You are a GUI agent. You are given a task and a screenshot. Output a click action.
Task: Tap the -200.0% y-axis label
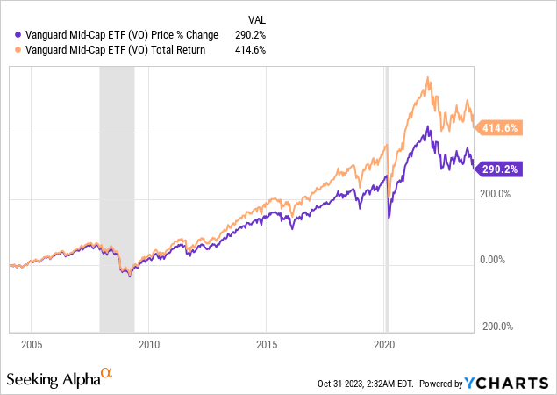click(x=496, y=327)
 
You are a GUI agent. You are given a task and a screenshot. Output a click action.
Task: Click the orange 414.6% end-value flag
click(x=500, y=128)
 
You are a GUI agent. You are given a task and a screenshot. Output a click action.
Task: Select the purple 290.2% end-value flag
click(x=500, y=169)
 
